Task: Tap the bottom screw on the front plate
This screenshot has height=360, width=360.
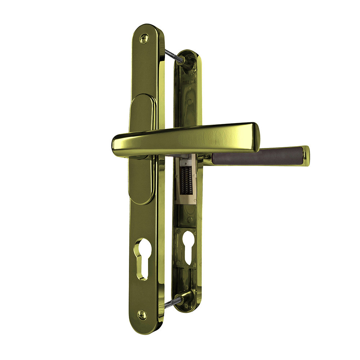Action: click(142, 314)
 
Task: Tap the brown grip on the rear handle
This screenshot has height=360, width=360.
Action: click(256, 156)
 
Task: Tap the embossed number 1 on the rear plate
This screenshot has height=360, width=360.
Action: click(190, 88)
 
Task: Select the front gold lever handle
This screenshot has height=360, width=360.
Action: click(187, 139)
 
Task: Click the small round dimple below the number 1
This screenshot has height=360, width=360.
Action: click(189, 102)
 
